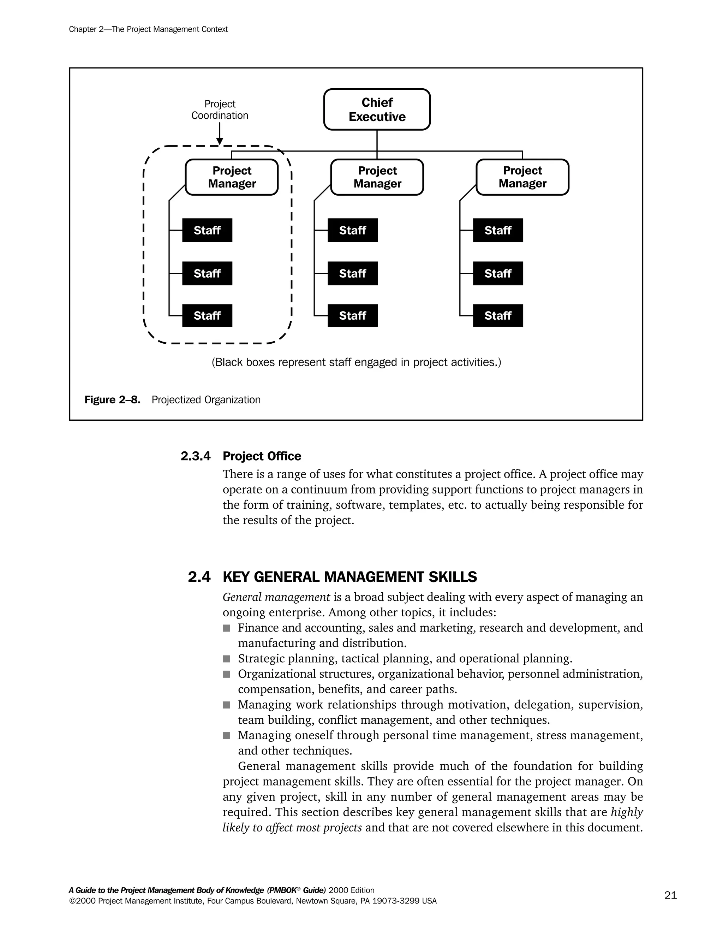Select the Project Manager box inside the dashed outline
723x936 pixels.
point(232,177)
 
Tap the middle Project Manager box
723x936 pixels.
point(377,177)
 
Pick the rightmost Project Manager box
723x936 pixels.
point(522,177)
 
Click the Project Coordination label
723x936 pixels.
point(220,110)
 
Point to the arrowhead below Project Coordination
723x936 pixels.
point(220,141)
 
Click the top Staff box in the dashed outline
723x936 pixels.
point(207,230)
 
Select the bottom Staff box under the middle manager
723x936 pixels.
point(353,315)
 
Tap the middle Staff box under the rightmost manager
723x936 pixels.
point(498,273)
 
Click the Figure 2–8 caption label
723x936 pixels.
point(112,400)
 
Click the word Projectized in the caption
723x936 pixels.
point(177,400)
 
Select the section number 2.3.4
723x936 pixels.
point(195,456)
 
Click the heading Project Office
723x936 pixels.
point(262,456)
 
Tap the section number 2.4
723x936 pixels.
point(199,577)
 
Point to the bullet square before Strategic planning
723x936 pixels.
point(227,659)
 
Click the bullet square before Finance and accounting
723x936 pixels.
point(227,628)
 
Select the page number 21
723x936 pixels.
point(670,895)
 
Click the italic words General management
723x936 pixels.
point(276,597)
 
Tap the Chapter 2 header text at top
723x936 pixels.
point(148,29)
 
